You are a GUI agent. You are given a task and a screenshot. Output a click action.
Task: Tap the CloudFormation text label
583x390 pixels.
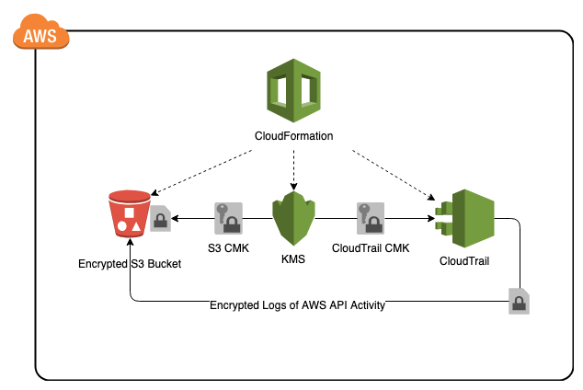pyautogui.click(x=293, y=137)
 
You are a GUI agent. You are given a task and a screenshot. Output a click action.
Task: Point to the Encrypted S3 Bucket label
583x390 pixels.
pyautogui.click(x=130, y=264)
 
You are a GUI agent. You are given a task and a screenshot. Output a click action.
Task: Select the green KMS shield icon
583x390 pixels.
pyautogui.click(x=294, y=218)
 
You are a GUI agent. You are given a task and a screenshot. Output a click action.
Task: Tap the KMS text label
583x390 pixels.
pyautogui.click(x=294, y=259)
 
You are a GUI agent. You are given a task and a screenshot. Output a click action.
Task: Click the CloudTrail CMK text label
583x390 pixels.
pyautogui.click(x=368, y=247)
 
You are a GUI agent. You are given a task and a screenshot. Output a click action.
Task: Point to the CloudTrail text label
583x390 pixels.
pyautogui.click(x=464, y=260)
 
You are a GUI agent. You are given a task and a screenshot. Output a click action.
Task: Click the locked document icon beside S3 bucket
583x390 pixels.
pyautogui.click(x=160, y=219)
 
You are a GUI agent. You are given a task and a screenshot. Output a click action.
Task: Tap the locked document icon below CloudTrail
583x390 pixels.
pyautogui.click(x=520, y=302)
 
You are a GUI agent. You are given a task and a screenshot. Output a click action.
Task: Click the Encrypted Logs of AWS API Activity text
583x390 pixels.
pyautogui.click(x=297, y=305)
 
